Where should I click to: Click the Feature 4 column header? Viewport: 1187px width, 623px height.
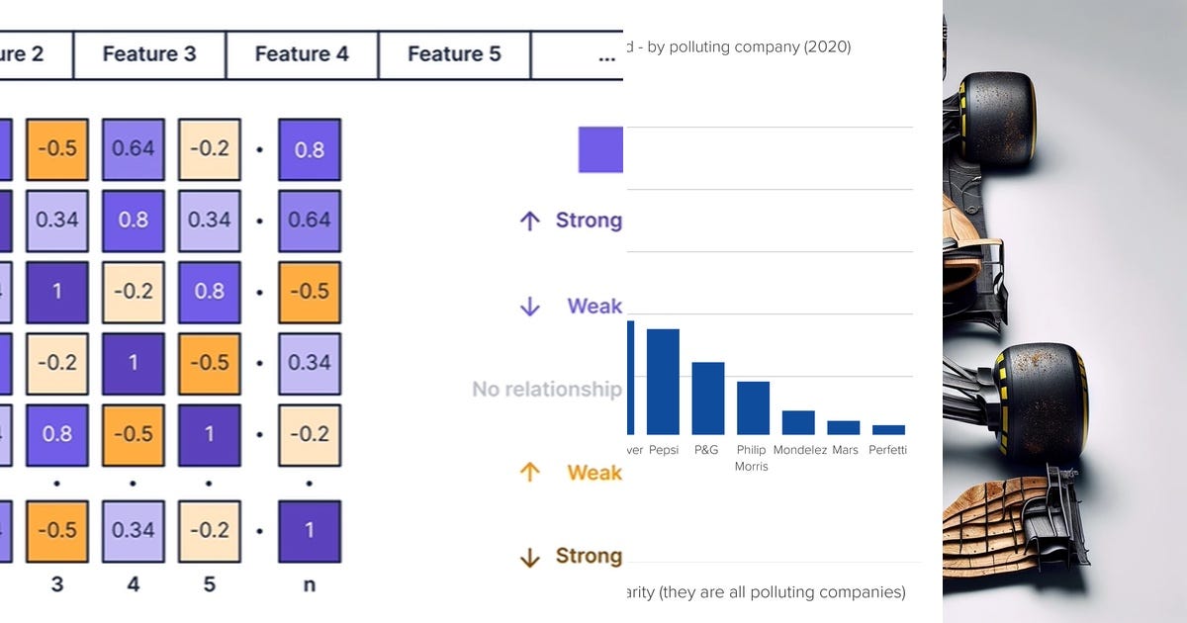coord(302,54)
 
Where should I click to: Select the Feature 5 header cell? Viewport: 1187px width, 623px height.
coord(454,54)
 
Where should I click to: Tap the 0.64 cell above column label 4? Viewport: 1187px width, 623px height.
coord(134,149)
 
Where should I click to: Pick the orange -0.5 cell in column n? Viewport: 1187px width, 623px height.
coord(309,293)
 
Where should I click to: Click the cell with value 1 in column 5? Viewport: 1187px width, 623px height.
coord(210,435)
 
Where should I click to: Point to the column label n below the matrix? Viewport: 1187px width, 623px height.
coord(309,584)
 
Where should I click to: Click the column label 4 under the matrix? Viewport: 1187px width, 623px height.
coord(134,584)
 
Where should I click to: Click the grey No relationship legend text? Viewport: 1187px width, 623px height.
coord(546,390)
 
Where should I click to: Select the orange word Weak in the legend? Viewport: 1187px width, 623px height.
coord(593,473)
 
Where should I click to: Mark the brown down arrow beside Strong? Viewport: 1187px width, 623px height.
coord(530,558)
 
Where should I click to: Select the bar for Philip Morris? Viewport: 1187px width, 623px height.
coord(753,407)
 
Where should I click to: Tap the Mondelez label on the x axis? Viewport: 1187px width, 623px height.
coord(799,450)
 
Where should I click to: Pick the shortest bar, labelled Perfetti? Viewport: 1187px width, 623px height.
coord(888,429)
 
